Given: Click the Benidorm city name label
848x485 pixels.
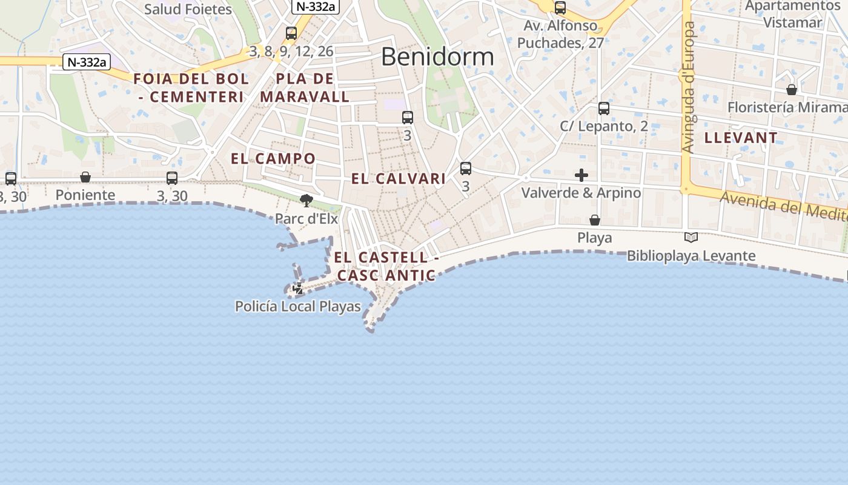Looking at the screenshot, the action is tap(437, 56).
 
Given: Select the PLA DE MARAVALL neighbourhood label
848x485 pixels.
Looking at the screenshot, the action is tap(305, 88).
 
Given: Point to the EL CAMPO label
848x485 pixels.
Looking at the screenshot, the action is tap(273, 159).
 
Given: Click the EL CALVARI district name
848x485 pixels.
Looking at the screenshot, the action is tap(399, 179).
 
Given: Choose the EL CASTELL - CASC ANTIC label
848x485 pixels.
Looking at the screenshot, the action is tap(386, 266).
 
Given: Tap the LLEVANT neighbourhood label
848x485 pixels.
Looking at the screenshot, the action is tap(741, 138).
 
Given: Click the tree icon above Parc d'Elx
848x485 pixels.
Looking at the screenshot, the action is tap(306, 200).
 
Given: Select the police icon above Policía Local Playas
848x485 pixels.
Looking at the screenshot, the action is tap(298, 289).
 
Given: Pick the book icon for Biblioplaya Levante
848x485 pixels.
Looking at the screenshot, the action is tap(691, 238).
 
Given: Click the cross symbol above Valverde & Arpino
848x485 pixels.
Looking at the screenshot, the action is tap(581, 175).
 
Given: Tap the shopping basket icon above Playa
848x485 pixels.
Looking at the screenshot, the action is tap(595, 220).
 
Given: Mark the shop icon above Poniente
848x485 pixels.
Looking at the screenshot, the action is tap(85, 177).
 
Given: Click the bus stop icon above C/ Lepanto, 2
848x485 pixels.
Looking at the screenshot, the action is tap(604, 109).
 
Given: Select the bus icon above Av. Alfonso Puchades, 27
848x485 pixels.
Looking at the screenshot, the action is tap(560, 8).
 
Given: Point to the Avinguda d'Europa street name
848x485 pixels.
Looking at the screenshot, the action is tap(688, 88).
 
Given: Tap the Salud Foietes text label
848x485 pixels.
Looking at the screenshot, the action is tap(188, 9).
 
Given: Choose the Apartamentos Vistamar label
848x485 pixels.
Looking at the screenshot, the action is tap(792, 14).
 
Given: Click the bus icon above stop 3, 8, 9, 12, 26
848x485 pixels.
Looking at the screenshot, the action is tap(291, 33).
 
